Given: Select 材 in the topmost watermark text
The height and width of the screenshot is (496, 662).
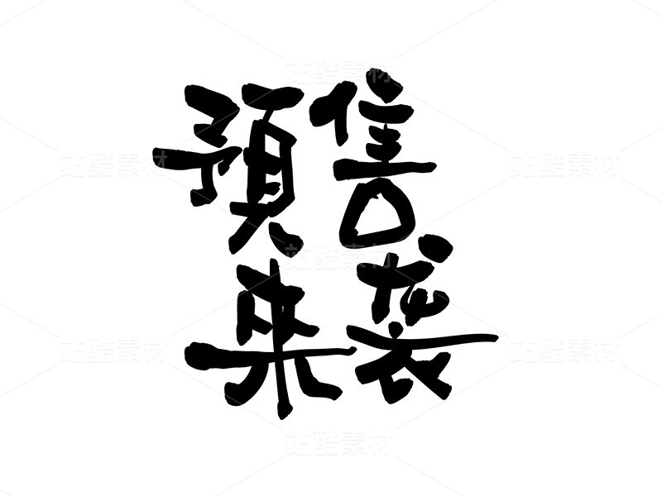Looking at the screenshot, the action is (x=380, y=71).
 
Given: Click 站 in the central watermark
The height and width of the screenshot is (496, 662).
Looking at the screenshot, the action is (x=298, y=256).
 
